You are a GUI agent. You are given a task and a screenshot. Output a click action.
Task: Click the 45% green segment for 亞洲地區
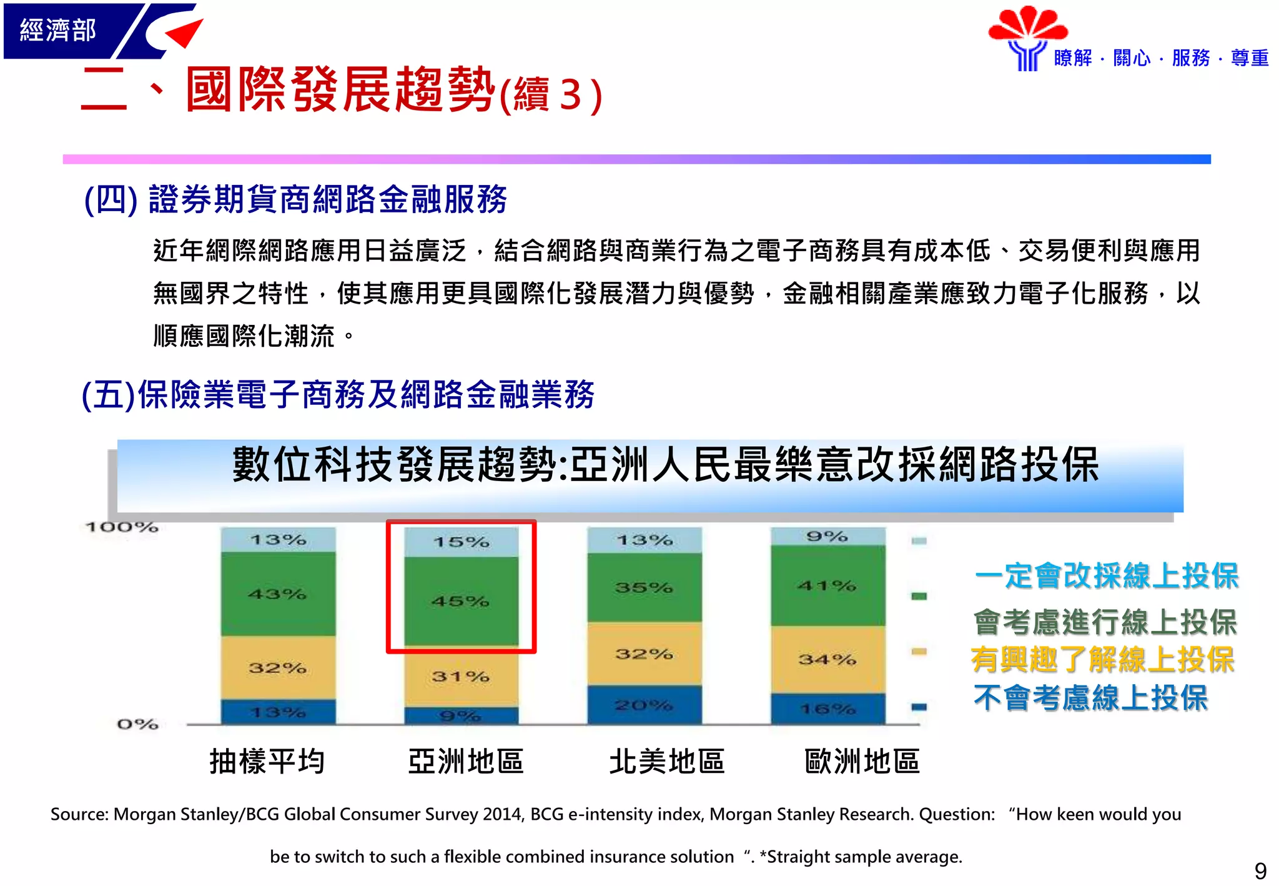pos(461,601)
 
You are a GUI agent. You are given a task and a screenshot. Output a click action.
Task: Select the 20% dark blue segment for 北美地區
pos(644,705)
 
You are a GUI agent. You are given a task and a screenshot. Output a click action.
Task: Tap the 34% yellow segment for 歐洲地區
pos(827,659)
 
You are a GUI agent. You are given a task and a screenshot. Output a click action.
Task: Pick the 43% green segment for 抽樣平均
pos(277,594)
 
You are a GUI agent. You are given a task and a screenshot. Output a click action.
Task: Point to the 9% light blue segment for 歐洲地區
pos(827,536)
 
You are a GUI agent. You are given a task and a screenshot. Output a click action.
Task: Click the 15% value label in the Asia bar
pos(462,542)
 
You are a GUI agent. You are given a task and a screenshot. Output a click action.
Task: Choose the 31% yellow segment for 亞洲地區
pos(461,677)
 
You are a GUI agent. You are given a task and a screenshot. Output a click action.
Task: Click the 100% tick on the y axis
pos(122,527)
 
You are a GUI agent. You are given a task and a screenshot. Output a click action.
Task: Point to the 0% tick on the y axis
pos(137,724)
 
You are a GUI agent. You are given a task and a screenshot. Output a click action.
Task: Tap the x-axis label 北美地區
pos(667,762)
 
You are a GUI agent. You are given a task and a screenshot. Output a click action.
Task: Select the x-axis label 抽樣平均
pos(267,762)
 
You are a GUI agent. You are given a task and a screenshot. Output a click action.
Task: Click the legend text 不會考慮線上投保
pos(1090,698)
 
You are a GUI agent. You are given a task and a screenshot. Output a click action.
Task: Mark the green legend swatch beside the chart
pos(919,596)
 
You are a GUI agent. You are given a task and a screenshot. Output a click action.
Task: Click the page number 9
pos(1260,870)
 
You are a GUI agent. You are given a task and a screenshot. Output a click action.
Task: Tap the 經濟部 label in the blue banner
pos(58,30)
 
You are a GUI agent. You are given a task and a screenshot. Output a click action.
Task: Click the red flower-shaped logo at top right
pos(1028,26)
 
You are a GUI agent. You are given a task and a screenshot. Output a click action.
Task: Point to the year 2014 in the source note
pos(503,814)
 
